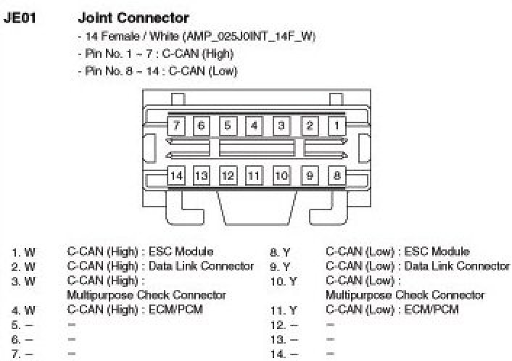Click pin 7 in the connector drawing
click(176, 125)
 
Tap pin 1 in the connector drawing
click(336, 125)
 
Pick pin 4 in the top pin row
click(254, 125)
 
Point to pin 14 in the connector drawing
click(176, 175)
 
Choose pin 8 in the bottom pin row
click(336, 175)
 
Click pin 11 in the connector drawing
click(254, 175)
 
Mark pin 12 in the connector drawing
click(228, 175)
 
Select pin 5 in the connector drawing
click(228, 125)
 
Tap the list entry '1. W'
click(23, 253)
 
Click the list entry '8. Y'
click(281, 253)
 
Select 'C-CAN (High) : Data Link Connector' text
click(160, 266)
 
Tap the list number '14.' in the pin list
click(278, 354)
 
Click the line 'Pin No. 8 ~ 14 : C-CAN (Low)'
click(157, 71)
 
